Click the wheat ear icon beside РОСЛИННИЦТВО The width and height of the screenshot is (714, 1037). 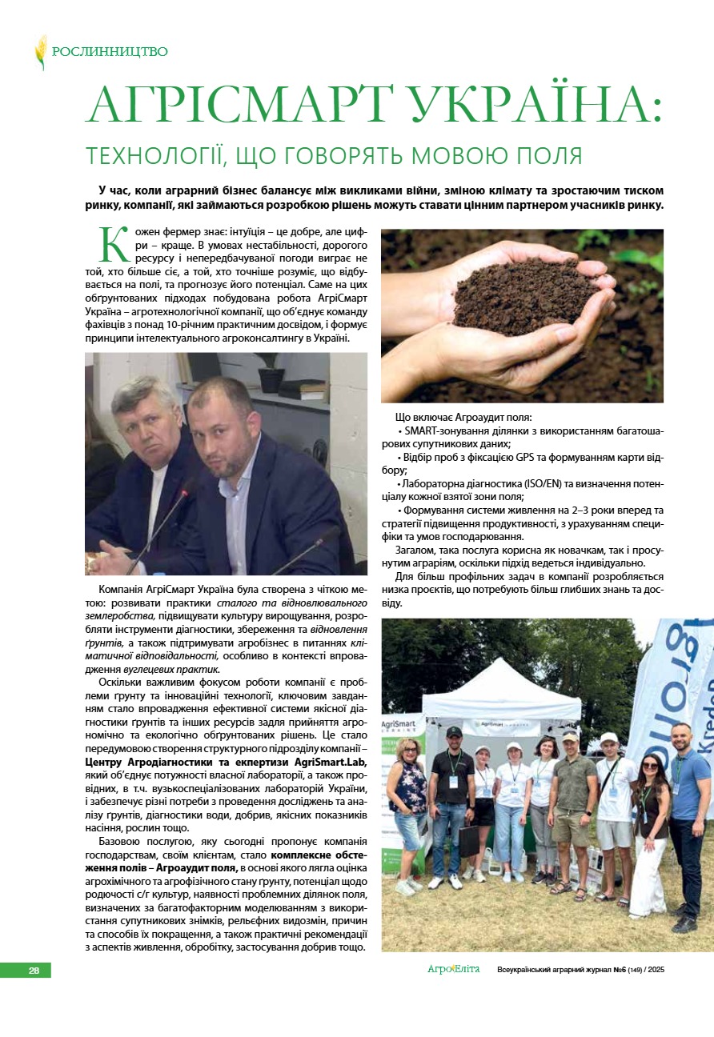[x=41, y=51]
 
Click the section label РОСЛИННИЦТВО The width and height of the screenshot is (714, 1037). [x=110, y=52]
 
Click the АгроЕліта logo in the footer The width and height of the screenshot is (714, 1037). [x=453, y=969]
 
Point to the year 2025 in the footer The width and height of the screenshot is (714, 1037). [x=656, y=970]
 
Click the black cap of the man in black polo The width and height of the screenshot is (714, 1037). [x=454, y=731]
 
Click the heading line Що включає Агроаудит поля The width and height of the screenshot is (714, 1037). [x=463, y=418]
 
